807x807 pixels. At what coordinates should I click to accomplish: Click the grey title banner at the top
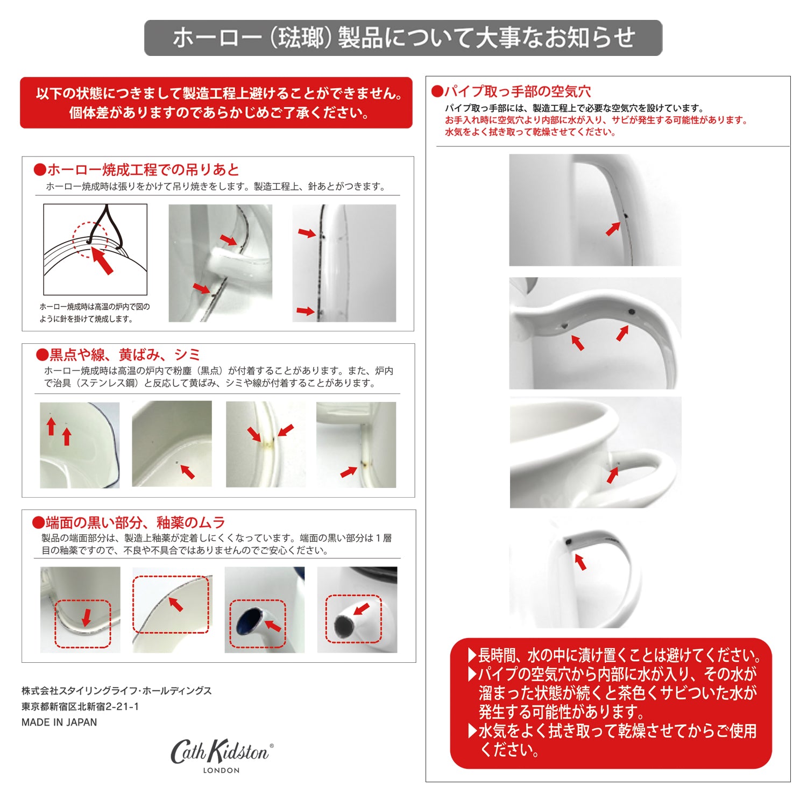tap(403, 38)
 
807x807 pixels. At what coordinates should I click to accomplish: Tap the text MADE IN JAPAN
tap(59, 723)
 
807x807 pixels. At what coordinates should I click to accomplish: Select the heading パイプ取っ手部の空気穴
tap(517, 91)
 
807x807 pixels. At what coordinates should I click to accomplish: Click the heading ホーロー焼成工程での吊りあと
tap(143, 170)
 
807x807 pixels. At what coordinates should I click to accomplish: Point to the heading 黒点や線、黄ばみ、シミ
tap(125, 355)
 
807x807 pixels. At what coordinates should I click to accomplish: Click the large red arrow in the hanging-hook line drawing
tap(102, 260)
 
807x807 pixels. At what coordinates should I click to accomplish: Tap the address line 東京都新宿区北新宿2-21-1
tap(80, 706)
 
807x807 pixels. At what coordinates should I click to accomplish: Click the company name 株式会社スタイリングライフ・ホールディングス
tap(117, 691)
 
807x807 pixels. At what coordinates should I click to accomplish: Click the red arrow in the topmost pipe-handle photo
tap(613, 228)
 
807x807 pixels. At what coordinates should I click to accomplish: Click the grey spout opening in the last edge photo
tap(343, 626)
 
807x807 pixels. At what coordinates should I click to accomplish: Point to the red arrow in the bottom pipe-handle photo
tap(581, 562)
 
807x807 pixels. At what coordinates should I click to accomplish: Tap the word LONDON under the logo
tap(221, 770)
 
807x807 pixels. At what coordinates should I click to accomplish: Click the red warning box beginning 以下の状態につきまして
tap(216, 103)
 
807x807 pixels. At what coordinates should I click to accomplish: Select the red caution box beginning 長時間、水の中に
tap(611, 703)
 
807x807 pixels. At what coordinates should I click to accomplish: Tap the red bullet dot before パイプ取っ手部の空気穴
tap(437, 91)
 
